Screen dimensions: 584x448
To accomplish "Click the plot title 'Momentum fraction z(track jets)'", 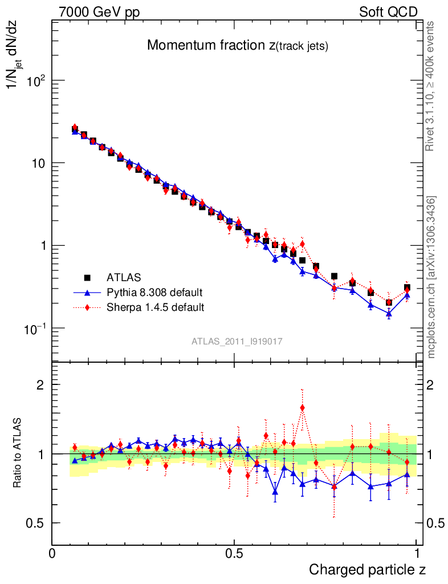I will [x=237, y=46].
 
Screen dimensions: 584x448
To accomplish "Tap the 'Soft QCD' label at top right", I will [x=388, y=12].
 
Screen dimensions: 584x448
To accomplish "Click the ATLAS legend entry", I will [x=123, y=278].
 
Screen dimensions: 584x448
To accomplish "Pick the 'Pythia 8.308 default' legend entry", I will [x=154, y=293].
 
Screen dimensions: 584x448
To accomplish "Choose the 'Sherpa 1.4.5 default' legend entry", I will [x=156, y=307].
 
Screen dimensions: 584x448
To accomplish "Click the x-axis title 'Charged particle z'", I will [x=367, y=569].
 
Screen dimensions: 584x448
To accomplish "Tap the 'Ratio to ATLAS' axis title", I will [x=18, y=453].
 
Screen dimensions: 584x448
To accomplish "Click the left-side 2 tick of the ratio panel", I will [x=40, y=384].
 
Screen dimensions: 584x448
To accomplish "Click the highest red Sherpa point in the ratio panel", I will [x=302, y=408].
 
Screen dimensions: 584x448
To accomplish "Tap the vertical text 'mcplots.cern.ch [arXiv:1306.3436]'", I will [x=432, y=278].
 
